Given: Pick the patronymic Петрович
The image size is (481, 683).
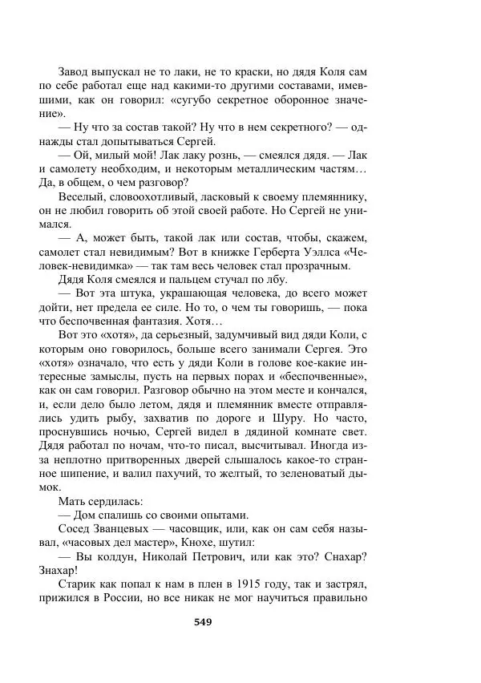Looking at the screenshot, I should (219, 567).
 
